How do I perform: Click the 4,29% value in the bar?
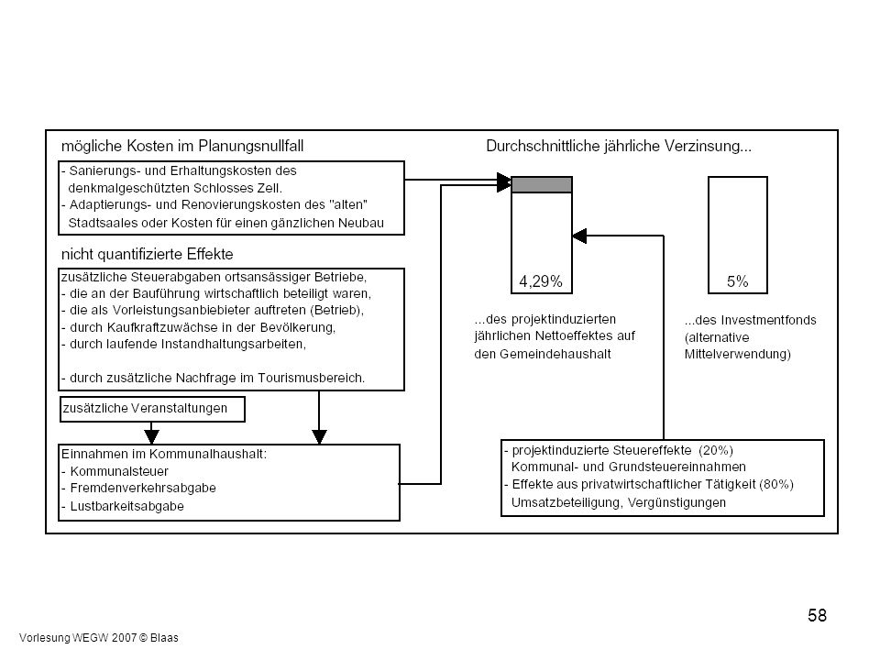pyautogui.click(x=541, y=281)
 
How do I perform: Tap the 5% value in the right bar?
pyautogui.click(x=737, y=281)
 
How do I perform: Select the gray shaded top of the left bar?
pyautogui.click(x=542, y=184)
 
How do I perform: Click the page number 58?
pyautogui.click(x=817, y=616)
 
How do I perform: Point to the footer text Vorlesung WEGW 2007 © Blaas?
pyautogui.click(x=99, y=638)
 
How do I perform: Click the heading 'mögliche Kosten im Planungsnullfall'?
pyautogui.click(x=182, y=146)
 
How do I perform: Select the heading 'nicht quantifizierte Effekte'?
pyautogui.click(x=147, y=254)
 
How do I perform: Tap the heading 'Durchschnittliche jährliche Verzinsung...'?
pyautogui.click(x=619, y=146)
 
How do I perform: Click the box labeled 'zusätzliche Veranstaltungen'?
pyautogui.click(x=152, y=409)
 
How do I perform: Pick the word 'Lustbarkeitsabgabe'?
pyautogui.click(x=126, y=506)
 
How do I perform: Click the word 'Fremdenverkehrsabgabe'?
pyautogui.click(x=143, y=489)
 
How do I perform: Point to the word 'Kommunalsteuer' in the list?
pyautogui.click(x=119, y=471)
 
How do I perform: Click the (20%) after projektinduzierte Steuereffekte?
pyautogui.click(x=716, y=450)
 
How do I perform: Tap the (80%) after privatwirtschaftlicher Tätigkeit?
pyautogui.click(x=776, y=484)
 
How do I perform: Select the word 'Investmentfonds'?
pyautogui.click(x=768, y=320)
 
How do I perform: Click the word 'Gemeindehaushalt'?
pyautogui.click(x=555, y=354)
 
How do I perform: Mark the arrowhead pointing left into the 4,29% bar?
pyautogui.click(x=579, y=236)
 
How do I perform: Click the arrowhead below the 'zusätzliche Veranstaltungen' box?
pyautogui.click(x=151, y=436)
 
